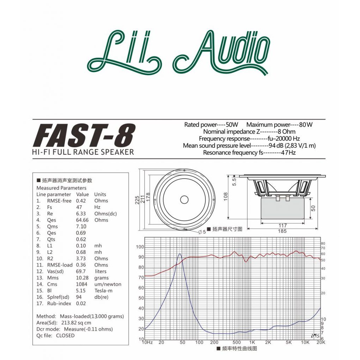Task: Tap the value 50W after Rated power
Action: pos(232,125)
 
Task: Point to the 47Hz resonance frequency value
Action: pos(288,153)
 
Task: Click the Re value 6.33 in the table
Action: pos(81,213)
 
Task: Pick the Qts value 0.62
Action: pos(81,239)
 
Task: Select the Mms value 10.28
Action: pos(82,278)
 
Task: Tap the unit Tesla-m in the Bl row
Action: pos(103,291)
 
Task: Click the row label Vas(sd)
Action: pos(55,271)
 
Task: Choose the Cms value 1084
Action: pos(82,284)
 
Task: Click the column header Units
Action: pos(100,194)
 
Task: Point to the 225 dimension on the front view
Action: pos(137,200)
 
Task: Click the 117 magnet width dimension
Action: pos(283,225)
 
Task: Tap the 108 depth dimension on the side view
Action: pos(225,197)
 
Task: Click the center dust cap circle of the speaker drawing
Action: pos(184,200)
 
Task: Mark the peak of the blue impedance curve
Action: pos(180,254)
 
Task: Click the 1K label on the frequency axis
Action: pos(252,342)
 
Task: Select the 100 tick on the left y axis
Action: pos(140,247)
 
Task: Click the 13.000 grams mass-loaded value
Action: pos(108,316)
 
